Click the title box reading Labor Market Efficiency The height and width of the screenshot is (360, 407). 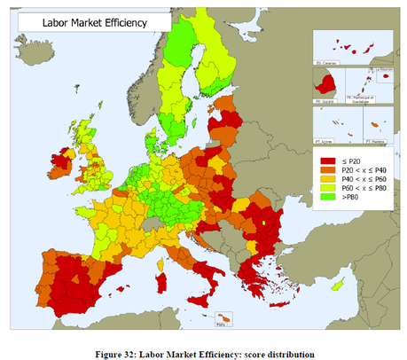pos(80,20)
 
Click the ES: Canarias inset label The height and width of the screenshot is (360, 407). pos(328,63)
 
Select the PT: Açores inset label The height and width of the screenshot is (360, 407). pos(327,140)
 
